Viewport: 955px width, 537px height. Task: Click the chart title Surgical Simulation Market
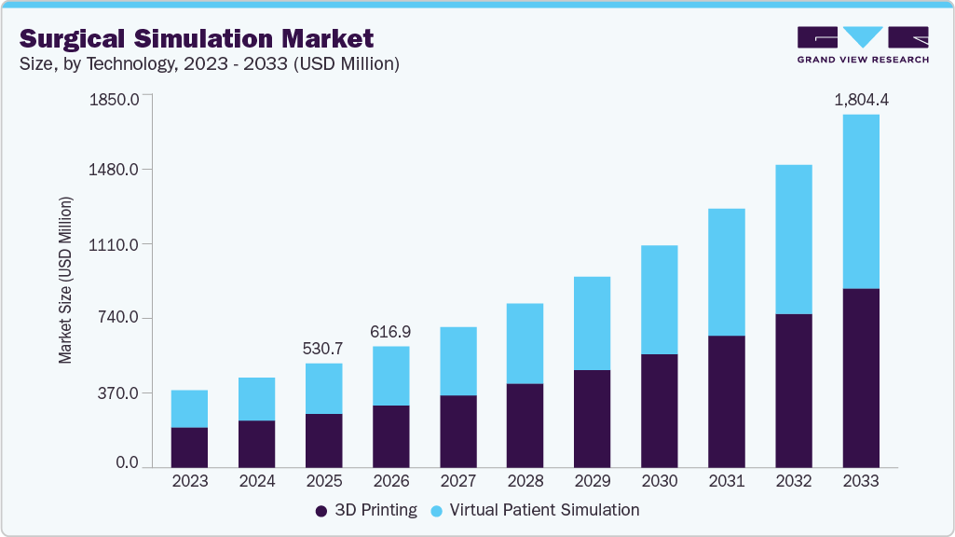[197, 38]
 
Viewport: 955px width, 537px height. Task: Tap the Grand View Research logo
[862, 45]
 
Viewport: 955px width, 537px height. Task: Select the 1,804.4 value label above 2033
[860, 99]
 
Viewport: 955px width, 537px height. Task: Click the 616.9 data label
[390, 331]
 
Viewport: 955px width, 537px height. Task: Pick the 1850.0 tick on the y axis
[113, 99]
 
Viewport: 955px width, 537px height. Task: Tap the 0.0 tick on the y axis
[127, 463]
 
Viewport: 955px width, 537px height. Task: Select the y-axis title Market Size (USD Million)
[65, 280]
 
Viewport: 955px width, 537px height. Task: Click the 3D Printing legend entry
[366, 510]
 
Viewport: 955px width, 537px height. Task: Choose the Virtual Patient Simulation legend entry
[535, 510]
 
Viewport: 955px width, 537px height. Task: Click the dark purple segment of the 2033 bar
[860, 378]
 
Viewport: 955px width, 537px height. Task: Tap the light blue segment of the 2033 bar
[860, 201]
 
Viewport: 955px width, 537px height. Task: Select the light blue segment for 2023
[189, 408]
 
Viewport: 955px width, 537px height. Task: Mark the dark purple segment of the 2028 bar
[525, 425]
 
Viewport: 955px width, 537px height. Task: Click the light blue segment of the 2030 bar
[659, 299]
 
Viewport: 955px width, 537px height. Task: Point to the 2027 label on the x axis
[457, 482]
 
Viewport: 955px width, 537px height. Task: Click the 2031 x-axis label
[726, 482]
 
